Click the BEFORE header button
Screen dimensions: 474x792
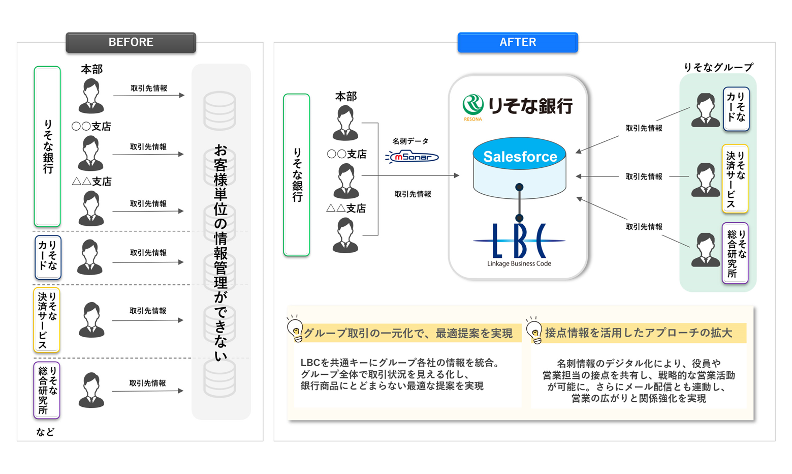pos(131,42)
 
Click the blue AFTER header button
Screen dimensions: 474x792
pos(518,42)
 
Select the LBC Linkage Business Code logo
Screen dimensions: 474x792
pos(519,245)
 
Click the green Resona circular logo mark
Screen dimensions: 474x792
pos(473,105)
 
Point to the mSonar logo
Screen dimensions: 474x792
pos(412,157)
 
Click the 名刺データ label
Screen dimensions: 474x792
pos(410,141)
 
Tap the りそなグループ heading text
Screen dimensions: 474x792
pos(718,67)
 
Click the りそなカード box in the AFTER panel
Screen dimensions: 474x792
pos(736,109)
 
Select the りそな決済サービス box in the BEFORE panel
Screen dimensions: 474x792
pos(47,320)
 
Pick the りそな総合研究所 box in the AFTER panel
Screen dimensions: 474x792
pos(735,253)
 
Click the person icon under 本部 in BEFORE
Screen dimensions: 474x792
pos(91,97)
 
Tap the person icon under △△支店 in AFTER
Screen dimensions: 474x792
pos(345,235)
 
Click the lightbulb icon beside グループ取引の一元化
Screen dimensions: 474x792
pos(295,329)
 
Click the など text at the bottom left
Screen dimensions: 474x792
pos(45,432)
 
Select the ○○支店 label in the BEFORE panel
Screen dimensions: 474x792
pos(91,126)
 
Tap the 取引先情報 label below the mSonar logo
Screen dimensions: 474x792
pos(413,194)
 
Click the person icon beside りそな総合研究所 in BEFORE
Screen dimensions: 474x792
pos(91,390)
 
